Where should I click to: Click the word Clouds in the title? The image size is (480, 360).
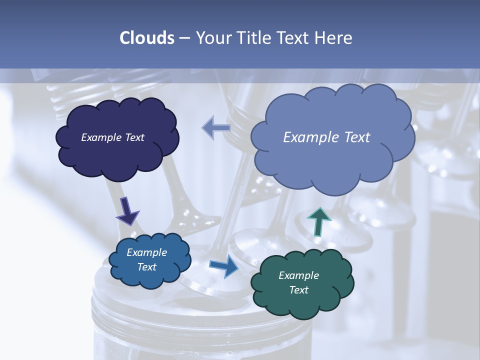tap(147, 38)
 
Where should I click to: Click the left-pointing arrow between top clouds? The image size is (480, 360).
tap(216, 128)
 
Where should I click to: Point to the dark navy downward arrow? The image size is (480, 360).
tap(127, 211)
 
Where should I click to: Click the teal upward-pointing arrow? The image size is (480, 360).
tap(319, 220)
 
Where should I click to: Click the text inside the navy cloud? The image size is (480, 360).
tap(112, 137)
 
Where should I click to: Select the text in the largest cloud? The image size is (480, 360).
tap(326, 137)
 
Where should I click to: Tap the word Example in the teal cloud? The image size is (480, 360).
tap(298, 275)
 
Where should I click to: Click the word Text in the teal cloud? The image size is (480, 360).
tap(298, 290)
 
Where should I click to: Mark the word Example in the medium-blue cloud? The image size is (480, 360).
tap(146, 252)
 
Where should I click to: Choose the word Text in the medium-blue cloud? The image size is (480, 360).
tap(146, 267)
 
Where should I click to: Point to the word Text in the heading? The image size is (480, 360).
tap(294, 38)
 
